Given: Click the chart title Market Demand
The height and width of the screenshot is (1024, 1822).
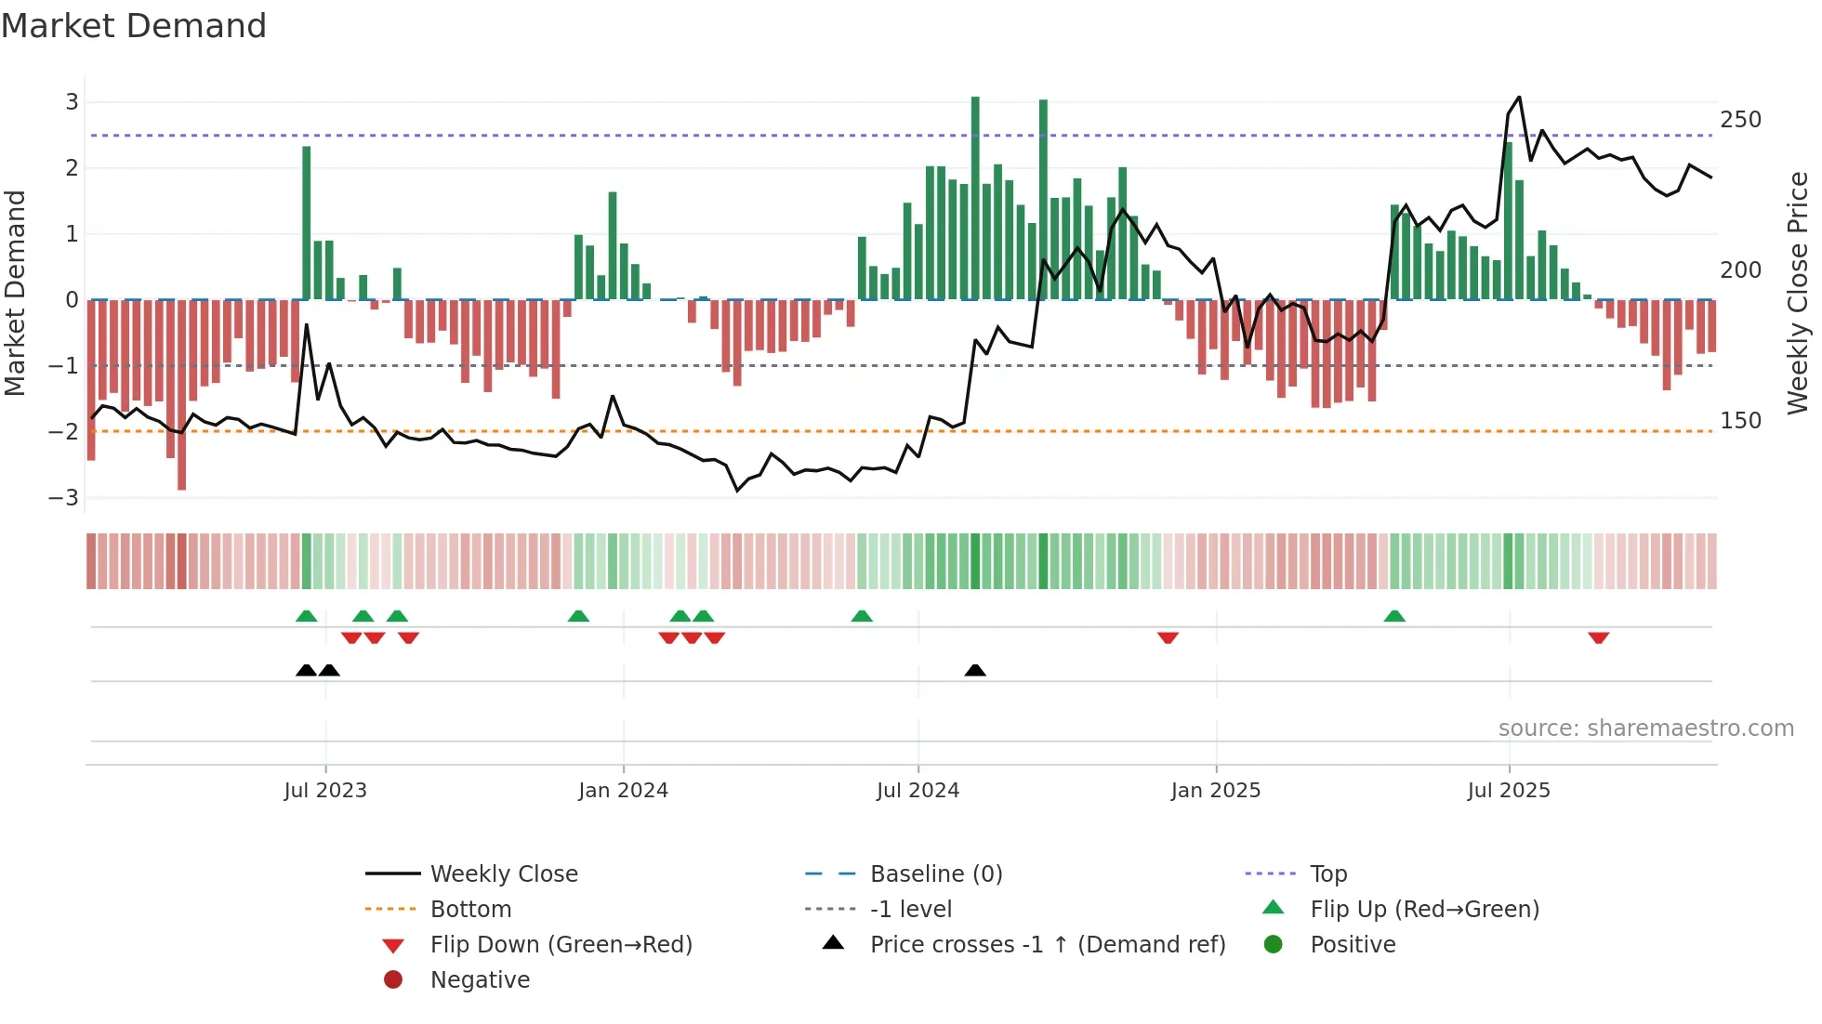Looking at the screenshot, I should pyautogui.click(x=134, y=26).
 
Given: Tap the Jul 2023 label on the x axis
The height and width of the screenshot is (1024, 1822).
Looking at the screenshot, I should pyautogui.click(x=325, y=791).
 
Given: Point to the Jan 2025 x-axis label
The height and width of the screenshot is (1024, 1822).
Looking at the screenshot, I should pyautogui.click(x=1215, y=791).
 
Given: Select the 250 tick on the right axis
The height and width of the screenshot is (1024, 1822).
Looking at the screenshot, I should pyautogui.click(x=1740, y=120).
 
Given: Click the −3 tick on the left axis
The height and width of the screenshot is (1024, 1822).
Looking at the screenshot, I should pyautogui.click(x=64, y=498).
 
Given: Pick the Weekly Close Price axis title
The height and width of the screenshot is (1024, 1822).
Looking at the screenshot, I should pyautogui.click(x=1798, y=293).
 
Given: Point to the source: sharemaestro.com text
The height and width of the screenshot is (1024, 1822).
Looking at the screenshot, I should pyautogui.click(x=1645, y=729).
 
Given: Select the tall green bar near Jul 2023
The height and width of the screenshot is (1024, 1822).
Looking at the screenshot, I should pyautogui.click(x=307, y=223).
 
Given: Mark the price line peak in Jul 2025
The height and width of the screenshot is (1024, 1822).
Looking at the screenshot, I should pyautogui.click(x=1519, y=97).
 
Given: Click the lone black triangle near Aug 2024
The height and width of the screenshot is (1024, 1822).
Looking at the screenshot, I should pyautogui.click(x=975, y=670).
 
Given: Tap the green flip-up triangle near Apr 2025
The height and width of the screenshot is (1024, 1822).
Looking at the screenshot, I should pyautogui.click(x=1394, y=616).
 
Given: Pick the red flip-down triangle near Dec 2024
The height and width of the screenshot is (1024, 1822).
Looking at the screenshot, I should pyautogui.click(x=1168, y=637).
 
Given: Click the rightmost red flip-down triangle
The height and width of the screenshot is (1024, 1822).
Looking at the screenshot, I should pyautogui.click(x=1599, y=637).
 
